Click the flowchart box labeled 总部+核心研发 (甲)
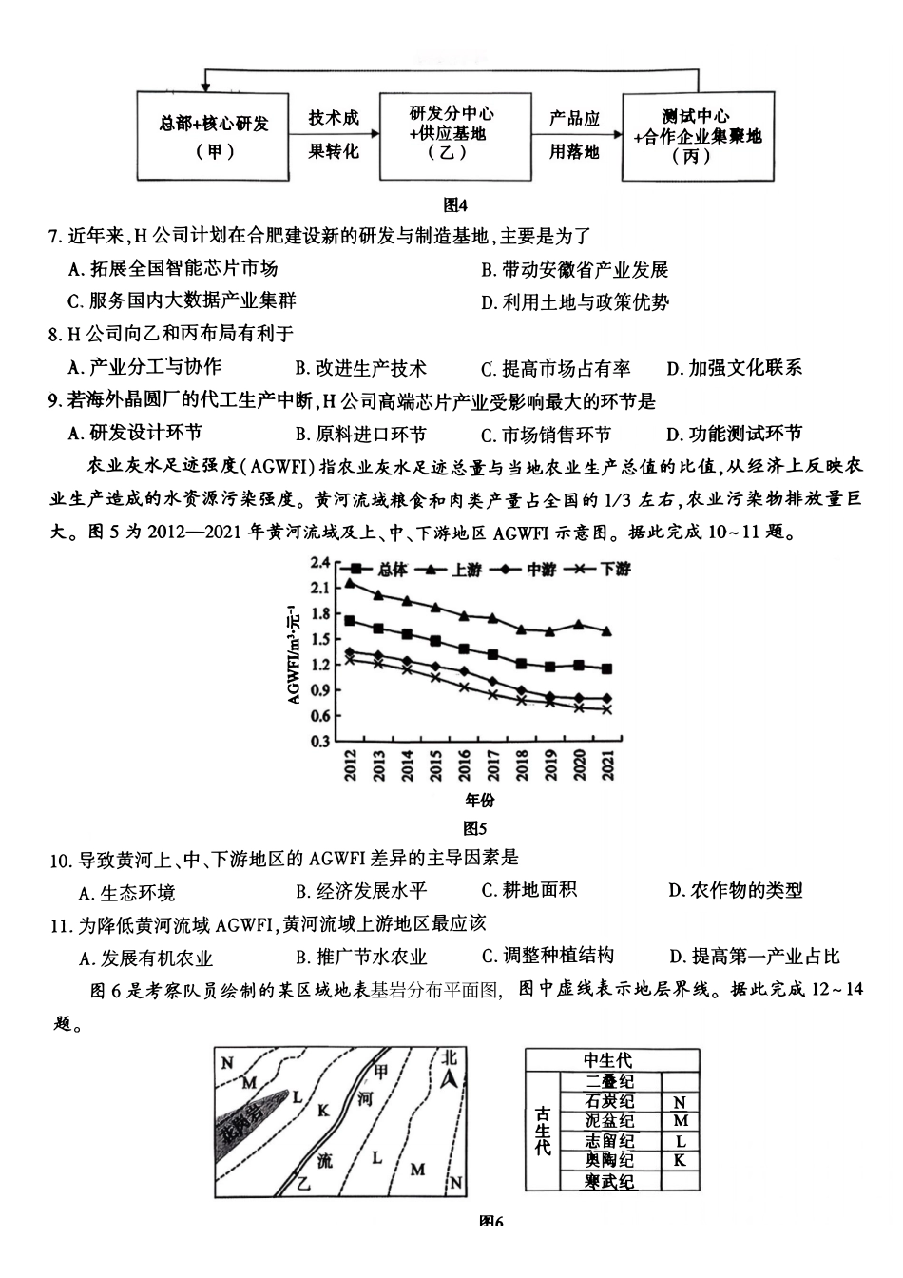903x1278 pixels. [x=214, y=135]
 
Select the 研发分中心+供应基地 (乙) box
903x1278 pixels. [x=454, y=135]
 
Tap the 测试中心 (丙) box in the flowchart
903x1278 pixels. [x=698, y=135]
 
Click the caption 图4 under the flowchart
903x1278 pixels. [x=456, y=204]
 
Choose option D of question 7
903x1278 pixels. [x=574, y=302]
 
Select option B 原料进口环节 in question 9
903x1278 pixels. [x=360, y=434]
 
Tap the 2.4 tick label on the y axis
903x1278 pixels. [x=319, y=562]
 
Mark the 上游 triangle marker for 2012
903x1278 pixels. [x=350, y=583]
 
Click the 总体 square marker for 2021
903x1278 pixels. [x=606, y=668]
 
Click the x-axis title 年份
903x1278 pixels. [x=480, y=800]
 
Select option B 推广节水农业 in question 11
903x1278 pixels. [x=360, y=957]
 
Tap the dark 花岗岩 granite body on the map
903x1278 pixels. [x=244, y=1123]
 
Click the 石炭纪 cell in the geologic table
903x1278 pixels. [x=609, y=1101]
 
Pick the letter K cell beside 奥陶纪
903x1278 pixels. [x=679, y=1160]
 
